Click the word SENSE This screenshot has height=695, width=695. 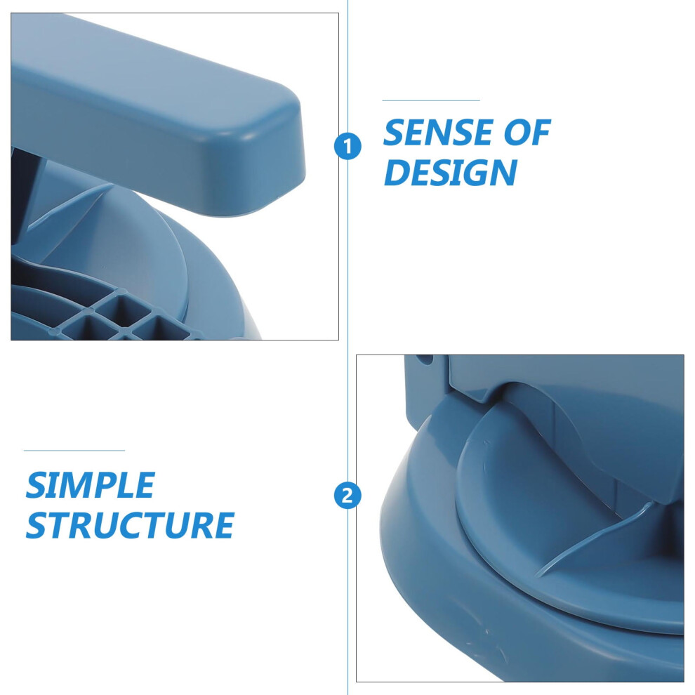click(438, 132)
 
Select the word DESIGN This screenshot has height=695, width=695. click(450, 172)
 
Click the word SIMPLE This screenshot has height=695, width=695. click(90, 485)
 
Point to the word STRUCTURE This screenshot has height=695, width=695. click(130, 525)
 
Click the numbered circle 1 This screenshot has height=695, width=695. click(347, 147)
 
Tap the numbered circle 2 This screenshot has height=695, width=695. click(347, 496)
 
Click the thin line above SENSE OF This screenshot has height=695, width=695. click(431, 100)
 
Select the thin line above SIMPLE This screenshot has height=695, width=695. click(74, 450)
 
